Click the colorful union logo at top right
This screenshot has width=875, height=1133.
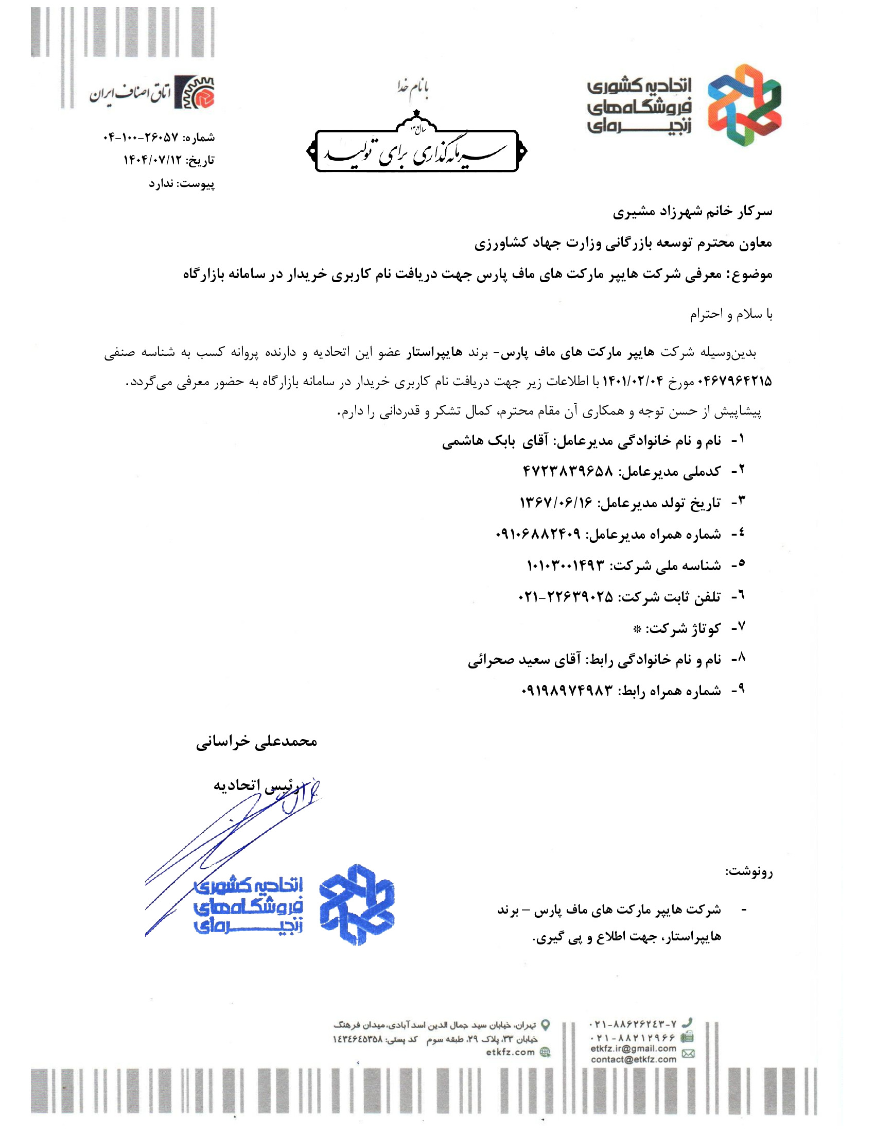point(744,106)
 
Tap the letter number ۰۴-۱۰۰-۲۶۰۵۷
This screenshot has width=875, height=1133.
point(141,138)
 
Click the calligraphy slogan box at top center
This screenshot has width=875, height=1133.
point(417,151)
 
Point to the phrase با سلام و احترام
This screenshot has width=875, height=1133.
point(730,314)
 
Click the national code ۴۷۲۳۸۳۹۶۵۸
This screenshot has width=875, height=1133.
point(568,472)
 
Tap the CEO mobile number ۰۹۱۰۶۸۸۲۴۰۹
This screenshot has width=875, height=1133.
point(537,535)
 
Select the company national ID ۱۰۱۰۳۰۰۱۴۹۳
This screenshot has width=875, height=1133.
point(566,565)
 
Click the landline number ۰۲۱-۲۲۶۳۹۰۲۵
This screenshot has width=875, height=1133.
point(565,597)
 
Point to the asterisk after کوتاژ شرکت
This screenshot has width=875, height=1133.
point(637,629)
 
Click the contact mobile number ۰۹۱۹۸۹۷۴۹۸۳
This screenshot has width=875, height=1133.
point(567,691)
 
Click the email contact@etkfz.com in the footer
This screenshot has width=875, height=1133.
point(634,1059)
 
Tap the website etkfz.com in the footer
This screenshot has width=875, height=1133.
point(510,1052)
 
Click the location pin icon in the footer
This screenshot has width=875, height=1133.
point(545,1025)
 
